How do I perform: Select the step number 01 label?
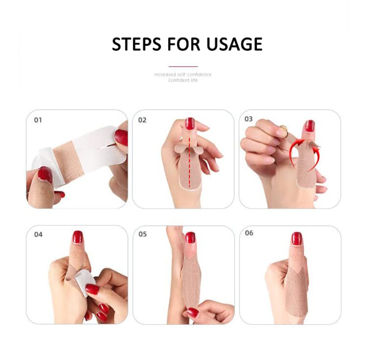click(38, 120)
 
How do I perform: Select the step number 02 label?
click(142, 120)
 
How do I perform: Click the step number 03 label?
click(249, 119)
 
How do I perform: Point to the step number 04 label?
click(38, 235)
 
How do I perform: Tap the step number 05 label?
click(143, 234)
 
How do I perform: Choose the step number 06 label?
click(249, 233)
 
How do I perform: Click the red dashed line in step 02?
click(190, 161)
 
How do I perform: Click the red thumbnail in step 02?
click(189, 124)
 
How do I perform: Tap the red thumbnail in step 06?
click(297, 239)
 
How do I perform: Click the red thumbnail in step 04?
click(78, 237)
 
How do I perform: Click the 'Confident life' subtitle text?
click(183, 80)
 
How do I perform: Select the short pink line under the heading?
click(183, 66)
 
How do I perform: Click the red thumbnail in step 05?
click(190, 238)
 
